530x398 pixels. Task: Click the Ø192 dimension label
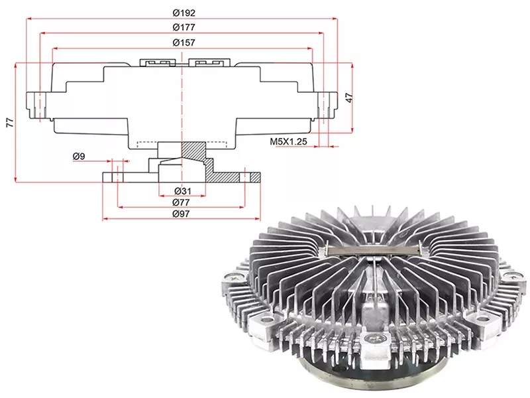tap(184, 13)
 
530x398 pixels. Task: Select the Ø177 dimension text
tap(184, 27)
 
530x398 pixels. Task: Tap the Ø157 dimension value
tap(184, 42)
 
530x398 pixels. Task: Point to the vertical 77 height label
tap(11, 123)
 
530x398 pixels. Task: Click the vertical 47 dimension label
tap(350, 98)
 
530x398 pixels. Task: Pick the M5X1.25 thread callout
tap(288, 141)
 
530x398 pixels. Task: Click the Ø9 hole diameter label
tap(79, 156)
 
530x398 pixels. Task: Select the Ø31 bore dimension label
tap(183, 191)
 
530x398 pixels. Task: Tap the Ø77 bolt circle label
tap(181, 202)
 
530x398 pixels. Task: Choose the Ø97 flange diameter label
tap(181, 214)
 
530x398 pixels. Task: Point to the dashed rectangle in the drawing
tap(182, 145)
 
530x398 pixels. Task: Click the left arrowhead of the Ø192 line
tap(29, 19)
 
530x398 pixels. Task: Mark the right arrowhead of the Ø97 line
tap(258, 219)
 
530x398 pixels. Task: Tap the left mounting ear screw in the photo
tap(235, 277)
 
